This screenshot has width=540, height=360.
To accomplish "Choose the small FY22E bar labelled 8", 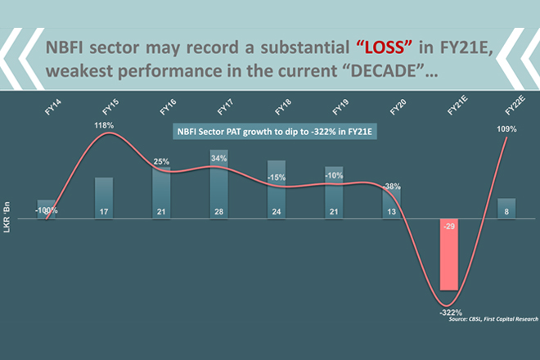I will [x=508, y=209].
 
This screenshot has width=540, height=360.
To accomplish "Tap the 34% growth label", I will [x=219, y=157].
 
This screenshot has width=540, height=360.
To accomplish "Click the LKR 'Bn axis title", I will [x=10, y=223].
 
